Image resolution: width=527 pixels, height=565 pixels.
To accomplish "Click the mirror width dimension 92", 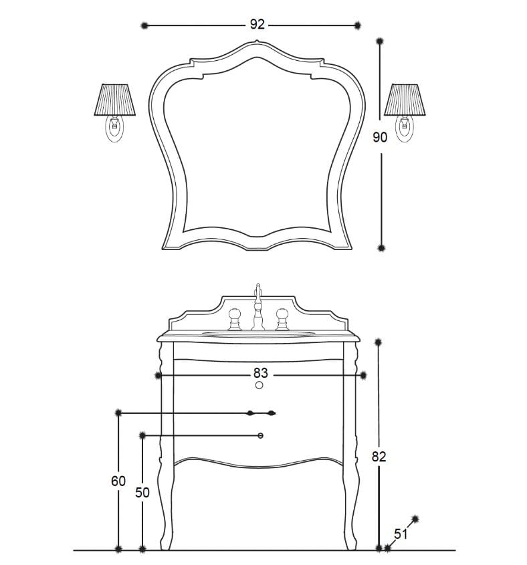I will click(257, 25).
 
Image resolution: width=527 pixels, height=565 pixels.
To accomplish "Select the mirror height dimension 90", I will click(380, 137).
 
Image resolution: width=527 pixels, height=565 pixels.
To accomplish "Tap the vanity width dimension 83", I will click(260, 372).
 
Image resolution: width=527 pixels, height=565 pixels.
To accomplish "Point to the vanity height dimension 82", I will click(379, 457).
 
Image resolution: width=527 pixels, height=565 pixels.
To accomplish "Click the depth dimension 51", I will click(401, 534).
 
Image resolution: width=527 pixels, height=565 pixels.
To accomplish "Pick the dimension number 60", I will click(118, 481).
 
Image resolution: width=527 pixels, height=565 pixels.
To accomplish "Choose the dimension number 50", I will click(142, 492).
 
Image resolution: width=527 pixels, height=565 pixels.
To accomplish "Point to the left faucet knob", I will click(235, 318).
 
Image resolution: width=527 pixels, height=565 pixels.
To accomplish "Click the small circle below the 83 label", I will click(259, 386).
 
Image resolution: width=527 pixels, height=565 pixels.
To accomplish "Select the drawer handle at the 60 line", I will click(261, 413).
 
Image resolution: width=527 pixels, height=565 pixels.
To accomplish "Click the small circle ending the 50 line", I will click(261, 436).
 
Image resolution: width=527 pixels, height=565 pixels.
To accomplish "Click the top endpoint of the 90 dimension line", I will click(381, 42).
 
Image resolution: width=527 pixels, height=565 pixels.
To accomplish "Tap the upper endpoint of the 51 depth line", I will click(415, 518).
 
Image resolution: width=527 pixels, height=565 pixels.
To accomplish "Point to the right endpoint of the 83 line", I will click(363, 375).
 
